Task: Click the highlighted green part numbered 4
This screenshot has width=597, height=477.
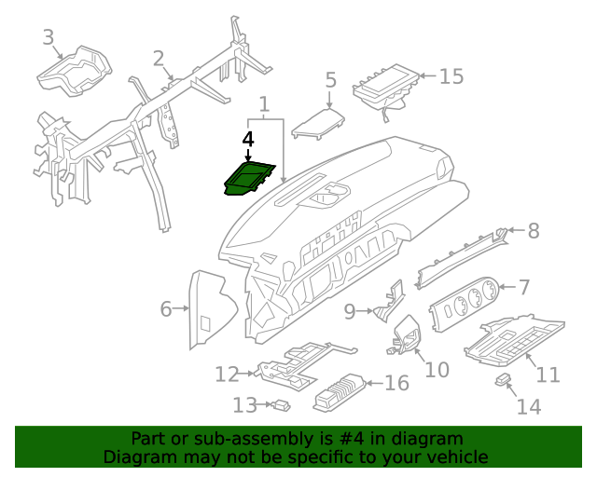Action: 250,178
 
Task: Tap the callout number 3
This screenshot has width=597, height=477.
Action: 49,37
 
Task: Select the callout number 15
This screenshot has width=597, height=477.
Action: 451,75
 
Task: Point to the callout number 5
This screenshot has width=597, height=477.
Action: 330,81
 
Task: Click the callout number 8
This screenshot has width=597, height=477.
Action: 533,231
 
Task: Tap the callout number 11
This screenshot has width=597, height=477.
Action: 548,375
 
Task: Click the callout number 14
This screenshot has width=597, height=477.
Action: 528,406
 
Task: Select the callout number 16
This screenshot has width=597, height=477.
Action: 396,383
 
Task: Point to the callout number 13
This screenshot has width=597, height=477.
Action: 244,405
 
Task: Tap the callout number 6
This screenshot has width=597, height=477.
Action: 166,308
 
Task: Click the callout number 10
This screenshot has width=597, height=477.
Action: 437,370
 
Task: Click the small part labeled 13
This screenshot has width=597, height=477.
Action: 280,404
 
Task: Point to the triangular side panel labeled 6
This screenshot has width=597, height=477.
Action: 210,307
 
